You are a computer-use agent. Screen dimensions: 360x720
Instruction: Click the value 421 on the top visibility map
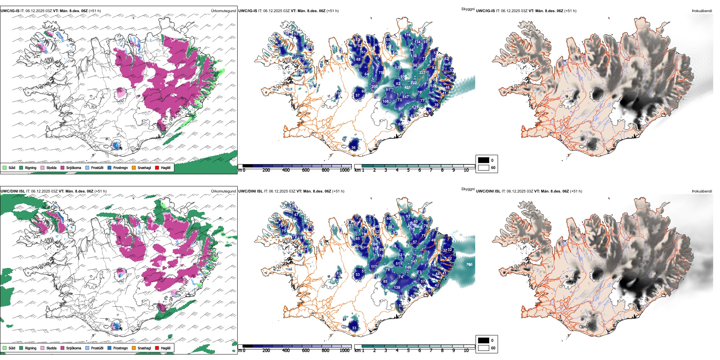[x=407, y=88]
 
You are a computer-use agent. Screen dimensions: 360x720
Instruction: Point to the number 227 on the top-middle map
[x=422, y=72]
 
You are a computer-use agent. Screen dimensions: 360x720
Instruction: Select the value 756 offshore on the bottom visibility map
[x=469, y=265]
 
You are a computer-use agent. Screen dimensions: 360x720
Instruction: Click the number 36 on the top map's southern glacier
[x=353, y=148]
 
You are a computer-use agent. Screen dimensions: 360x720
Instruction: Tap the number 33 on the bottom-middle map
[x=354, y=328]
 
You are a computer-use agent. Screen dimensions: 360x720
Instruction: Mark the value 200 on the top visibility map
[x=374, y=87]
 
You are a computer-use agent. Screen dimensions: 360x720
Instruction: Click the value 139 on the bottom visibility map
[x=397, y=288]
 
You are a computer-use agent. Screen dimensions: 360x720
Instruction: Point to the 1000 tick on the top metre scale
[x=344, y=170]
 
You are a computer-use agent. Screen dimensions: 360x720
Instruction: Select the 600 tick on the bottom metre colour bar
[x=306, y=351]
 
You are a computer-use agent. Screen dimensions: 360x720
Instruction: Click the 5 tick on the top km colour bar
[x=408, y=170]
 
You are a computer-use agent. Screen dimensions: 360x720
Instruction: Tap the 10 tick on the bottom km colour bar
[x=466, y=351]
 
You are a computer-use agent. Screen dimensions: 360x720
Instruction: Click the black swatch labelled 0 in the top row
[x=483, y=160]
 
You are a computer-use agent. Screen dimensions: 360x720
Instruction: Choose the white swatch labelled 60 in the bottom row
[x=483, y=348]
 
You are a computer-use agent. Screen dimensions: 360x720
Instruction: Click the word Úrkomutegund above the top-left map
[x=223, y=11]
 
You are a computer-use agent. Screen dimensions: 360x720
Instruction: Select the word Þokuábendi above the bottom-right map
[x=702, y=191]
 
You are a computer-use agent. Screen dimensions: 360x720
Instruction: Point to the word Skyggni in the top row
[x=468, y=9]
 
